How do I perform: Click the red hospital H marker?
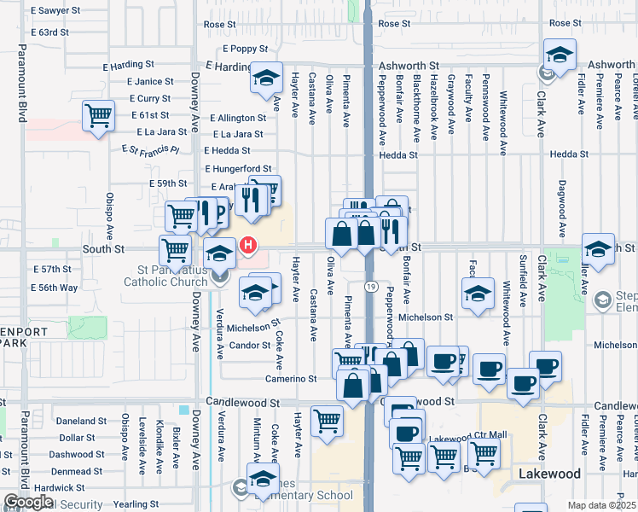248,246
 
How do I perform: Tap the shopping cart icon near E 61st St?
99,114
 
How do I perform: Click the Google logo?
27,502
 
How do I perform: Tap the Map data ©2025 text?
602,505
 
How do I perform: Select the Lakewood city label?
551,473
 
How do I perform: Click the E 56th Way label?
54,288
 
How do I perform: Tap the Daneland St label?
81,421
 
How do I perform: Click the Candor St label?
249,346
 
